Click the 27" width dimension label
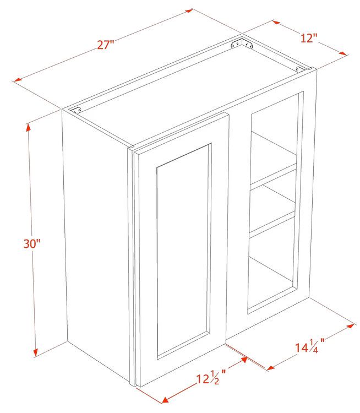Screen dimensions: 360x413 coord(106,45)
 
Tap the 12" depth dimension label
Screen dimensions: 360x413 coord(309,38)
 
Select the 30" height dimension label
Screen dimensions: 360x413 coord(32,243)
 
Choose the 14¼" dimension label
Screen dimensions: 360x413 coord(310,346)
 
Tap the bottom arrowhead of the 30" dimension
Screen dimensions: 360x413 coord(36,352)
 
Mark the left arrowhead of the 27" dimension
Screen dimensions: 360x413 coord(18,80)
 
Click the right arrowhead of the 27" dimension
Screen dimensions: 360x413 coord(189,10)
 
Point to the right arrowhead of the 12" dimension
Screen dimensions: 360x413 coord(342,53)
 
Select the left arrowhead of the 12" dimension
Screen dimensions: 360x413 coord(276,23)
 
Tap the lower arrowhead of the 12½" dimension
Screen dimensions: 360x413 coord(165,400)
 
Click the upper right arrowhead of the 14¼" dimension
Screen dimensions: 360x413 coord(351,326)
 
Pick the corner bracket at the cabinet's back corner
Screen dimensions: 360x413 coord(242,44)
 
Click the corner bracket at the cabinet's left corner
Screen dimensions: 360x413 coord(77,110)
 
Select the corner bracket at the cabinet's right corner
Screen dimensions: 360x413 coord(299,69)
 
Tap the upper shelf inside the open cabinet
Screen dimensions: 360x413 coord(273,175)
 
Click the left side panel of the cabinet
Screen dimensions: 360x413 coord(97,245)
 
